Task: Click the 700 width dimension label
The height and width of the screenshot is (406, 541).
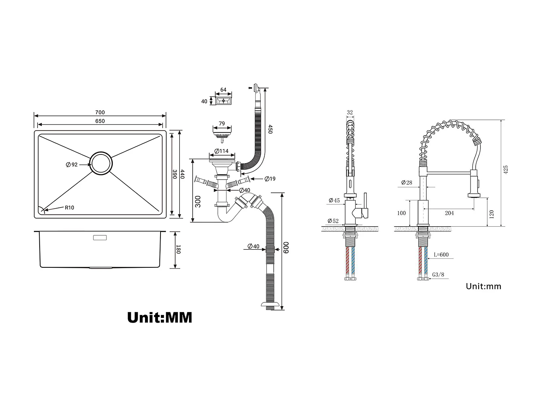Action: tap(100, 113)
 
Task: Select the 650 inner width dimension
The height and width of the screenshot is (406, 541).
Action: tap(100, 121)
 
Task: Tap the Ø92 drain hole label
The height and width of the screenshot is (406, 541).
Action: tap(72, 165)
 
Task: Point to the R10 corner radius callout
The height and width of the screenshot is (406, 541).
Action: tap(69, 208)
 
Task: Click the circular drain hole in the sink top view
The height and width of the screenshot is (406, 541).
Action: tap(101, 163)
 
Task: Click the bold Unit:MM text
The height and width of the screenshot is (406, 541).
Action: tap(160, 318)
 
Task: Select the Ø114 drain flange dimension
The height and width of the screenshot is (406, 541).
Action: tap(221, 151)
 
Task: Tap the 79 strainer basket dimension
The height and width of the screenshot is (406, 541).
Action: tap(222, 123)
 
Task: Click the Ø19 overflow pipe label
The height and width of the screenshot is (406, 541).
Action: tap(270, 179)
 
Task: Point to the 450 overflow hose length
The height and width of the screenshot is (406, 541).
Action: tap(270, 129)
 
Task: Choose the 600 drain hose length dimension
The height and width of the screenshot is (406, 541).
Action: tap(286, 248)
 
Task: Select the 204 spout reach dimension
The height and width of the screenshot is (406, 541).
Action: tap(449, 213)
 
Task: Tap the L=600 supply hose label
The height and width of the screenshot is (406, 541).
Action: tap(441, 255)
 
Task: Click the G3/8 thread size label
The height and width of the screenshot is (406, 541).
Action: tap(438, 275)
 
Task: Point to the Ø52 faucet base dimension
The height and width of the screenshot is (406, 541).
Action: tap(333, 221)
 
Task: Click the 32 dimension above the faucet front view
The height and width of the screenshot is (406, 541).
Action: tap(349, 113)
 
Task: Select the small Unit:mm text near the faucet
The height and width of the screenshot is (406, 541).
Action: tap(483, 287)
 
